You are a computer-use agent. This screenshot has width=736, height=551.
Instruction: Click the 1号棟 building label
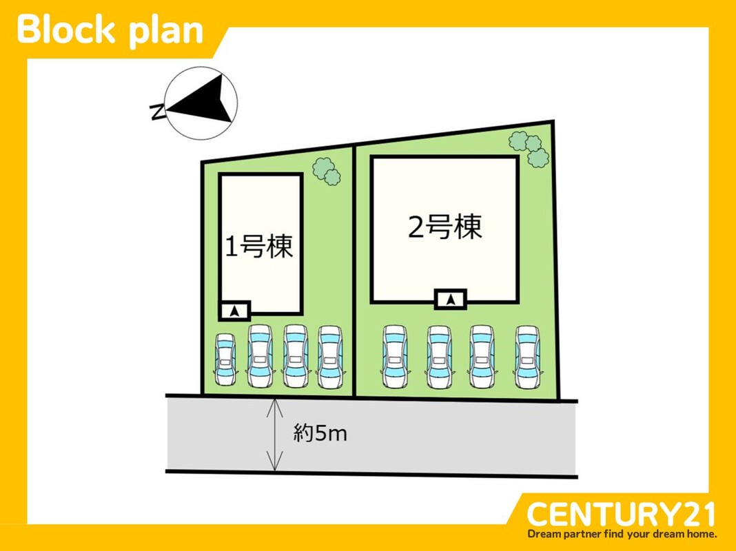pyautogui.click(x=260, y=246)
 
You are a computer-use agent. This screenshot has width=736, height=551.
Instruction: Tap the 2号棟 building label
pyautogui.click(x=444, y=227)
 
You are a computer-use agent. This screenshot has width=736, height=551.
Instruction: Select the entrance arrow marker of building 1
pyautogui.click(x=235, y=311)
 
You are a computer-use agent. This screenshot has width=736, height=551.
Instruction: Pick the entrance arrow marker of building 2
pyautogui.click(x=451, y=300)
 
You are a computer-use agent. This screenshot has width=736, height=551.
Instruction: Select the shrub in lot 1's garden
pyautogui.click(x=327, y=171)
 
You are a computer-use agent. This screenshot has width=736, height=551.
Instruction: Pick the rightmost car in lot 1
pyautogui.click(x=329, y=356)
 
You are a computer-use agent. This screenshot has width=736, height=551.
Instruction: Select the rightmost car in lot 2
pyautogui.click(x=527, y=357)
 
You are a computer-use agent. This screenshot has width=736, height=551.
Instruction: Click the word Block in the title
pyautogui.click(x=68, y=30)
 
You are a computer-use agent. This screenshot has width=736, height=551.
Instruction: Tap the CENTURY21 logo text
pyautogui.click(x=621, y=514)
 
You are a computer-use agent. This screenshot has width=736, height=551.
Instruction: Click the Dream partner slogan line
pyautogui.click(x=622, y=534)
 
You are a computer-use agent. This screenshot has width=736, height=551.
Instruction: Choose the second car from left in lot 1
pyautogui.click(x=259, y=356)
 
